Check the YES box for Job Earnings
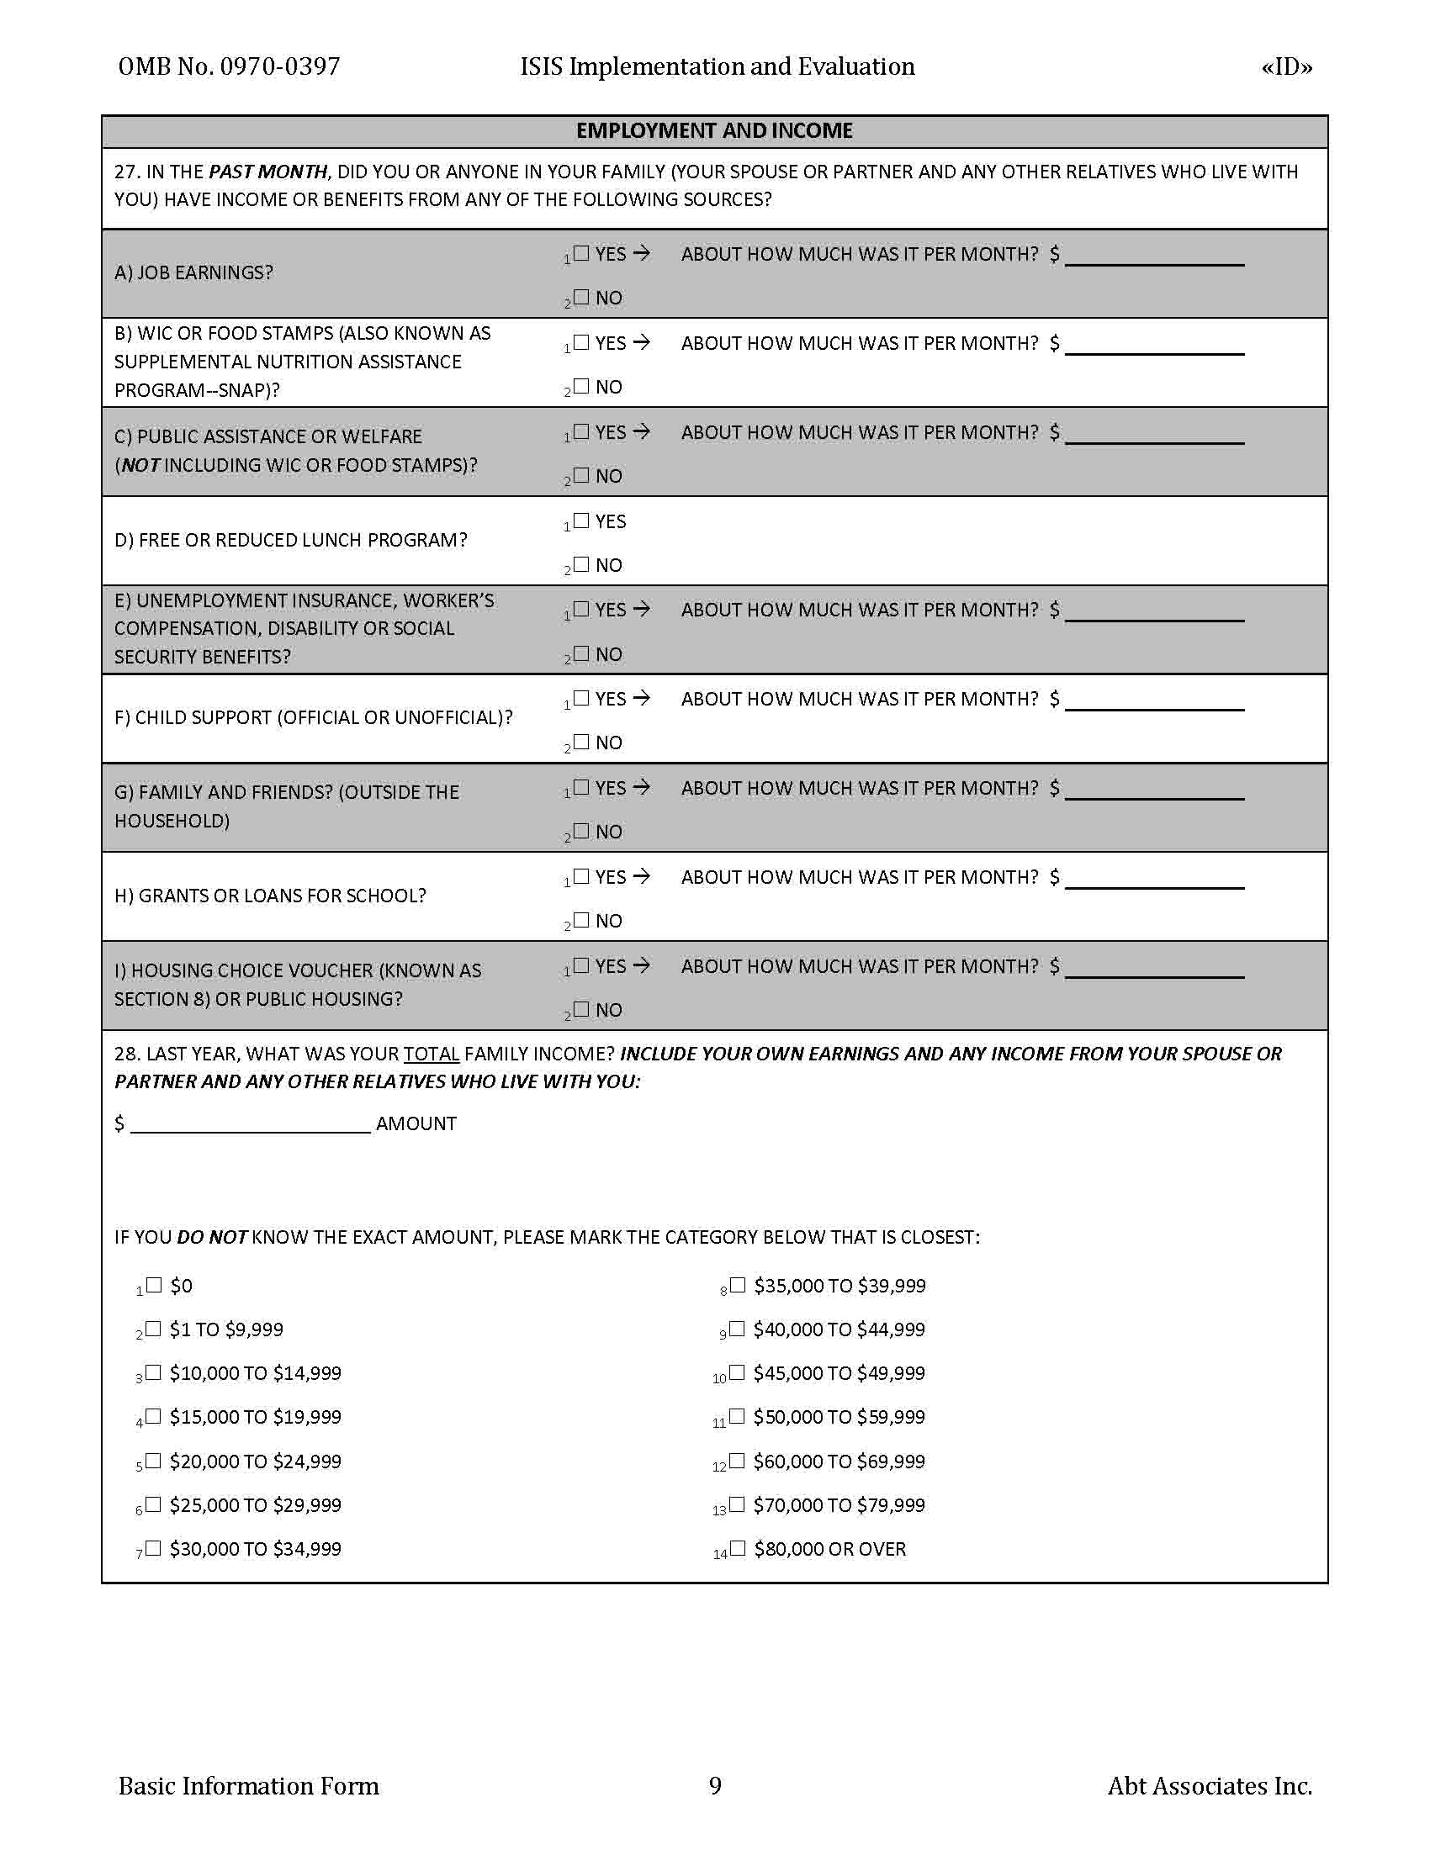(x=581, y=252)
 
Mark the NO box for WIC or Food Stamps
(x=581, y=386)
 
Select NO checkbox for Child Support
(x=581, y=742)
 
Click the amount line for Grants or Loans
(x=1154, y=881)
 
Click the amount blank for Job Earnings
(x=1154, y=258)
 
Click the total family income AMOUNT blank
(x=251, y=1126)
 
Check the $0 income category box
(x=154, y=1286)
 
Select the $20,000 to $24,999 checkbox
(x=153, y=1461)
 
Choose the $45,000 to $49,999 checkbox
(x=737, y=1373)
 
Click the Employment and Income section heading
(x=714, y=131)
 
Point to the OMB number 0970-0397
(x=279, y=67)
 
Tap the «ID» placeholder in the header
(x=1286, y=67)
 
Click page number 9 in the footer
(x=715, y=1785)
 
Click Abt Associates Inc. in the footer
(x=1209, y=1785)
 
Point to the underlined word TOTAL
(x=432, y=1054)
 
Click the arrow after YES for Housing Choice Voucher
(x=641, y=965)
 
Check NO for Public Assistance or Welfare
(x=581, y=475)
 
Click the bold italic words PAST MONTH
(x=267, y=172)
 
